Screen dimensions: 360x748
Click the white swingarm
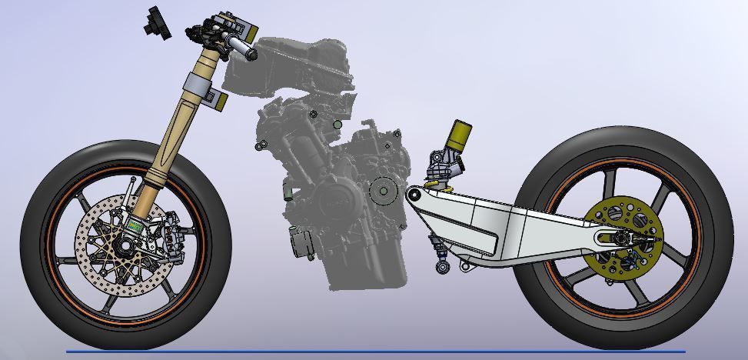500,223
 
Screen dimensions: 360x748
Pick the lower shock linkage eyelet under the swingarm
443,267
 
